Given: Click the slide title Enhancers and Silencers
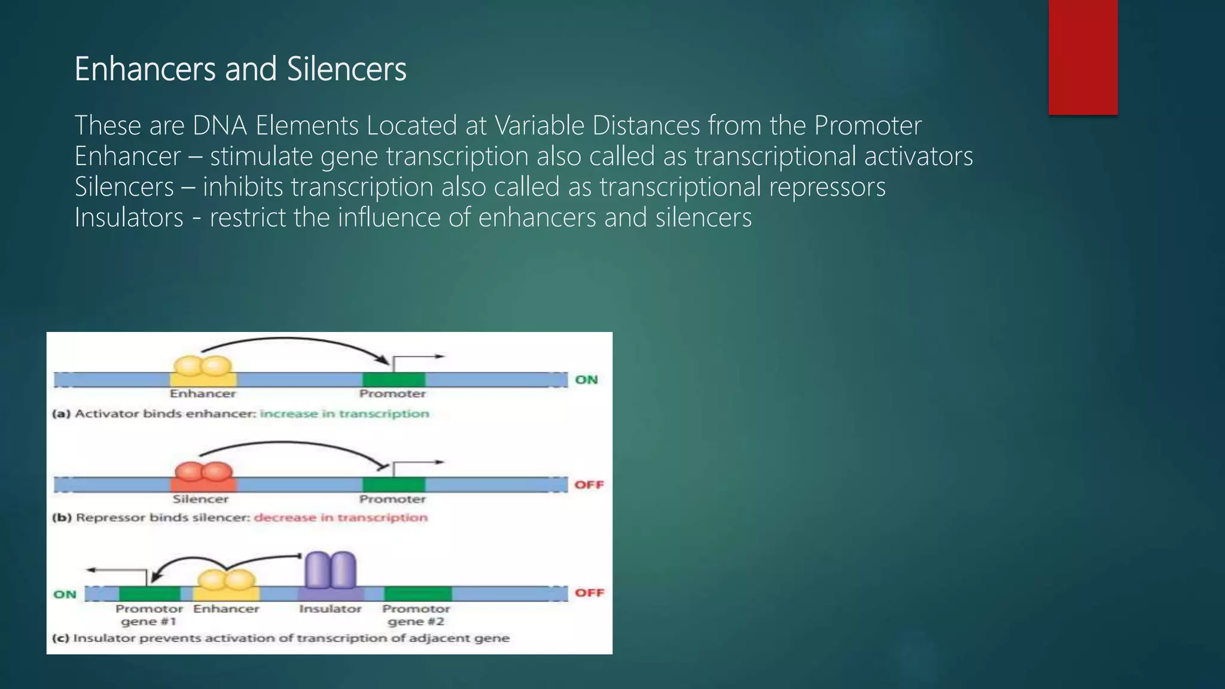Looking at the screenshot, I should click(x=240, y=69).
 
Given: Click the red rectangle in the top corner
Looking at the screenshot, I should click(x=1083, y=57).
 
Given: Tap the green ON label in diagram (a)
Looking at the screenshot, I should click(x=586, y=380).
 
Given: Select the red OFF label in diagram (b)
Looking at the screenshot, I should click(x=589, y=484).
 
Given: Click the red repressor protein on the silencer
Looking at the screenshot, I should click(x=203, y=472).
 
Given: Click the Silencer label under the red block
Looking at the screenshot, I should click(x=200, y=499).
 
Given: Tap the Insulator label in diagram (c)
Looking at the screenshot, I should click(x=330, y=609).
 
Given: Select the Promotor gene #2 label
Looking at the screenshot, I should click(x=416, y=615).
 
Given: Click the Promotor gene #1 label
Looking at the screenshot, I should click(x=149, y=615).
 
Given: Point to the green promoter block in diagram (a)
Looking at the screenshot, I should click(x=394, y=379).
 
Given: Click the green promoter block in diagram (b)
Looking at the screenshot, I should click(x=394, y=484).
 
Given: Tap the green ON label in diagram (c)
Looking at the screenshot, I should click(x=65, y=594).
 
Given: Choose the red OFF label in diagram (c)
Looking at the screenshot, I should click(x=589, y=593).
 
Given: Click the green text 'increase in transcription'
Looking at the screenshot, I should click(x=345, y=414).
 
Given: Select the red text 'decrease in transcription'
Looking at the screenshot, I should click(x=341, y=517).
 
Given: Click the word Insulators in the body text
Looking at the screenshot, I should click(x=129, y=217).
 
